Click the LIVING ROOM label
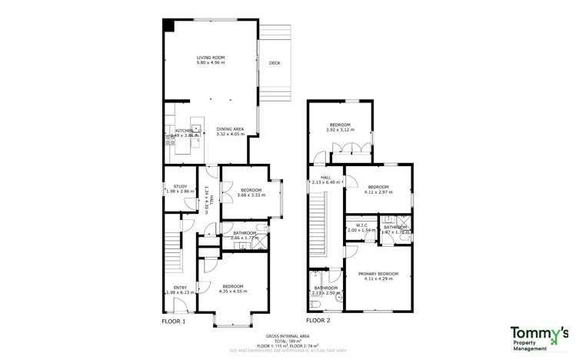[x=208, y=59]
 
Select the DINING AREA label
[x=230, y=132]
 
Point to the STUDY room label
[x=179, y=188]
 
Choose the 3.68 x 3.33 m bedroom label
[x=251, y=192]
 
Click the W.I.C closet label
[x=360, y=228]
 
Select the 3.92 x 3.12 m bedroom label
[x=340, y=127]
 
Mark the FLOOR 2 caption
[x=318, y=321]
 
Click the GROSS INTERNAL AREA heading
[x=288, y=336]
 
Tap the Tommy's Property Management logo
[x=539, y=337]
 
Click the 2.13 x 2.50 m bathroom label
[x=325, y=290]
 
